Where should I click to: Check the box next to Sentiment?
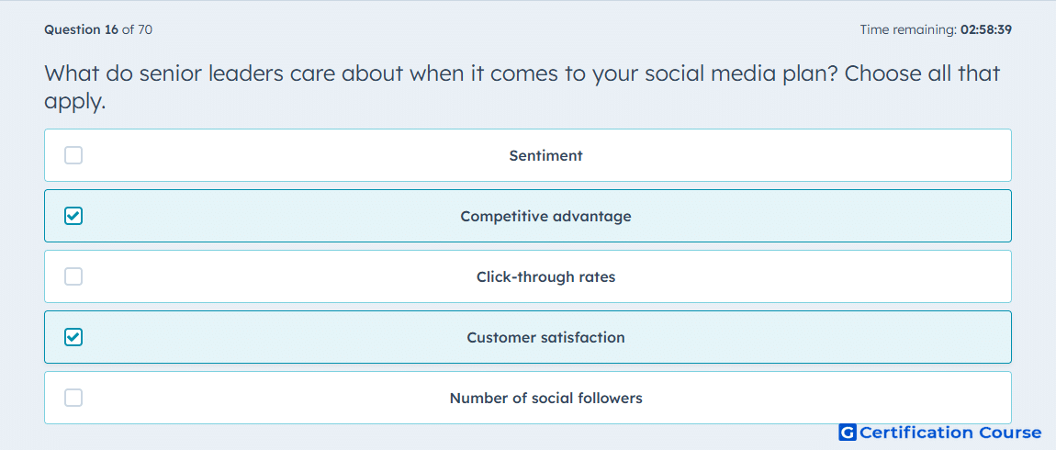click(x=73, y=155)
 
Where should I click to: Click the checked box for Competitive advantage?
click(x=73, y=216)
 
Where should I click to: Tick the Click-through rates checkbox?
click(x=73, y=276)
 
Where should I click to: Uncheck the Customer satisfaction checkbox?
click(x=73, y=338)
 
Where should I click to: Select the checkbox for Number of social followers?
click(x=73, y=399)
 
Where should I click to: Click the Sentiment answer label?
click(x=545, y=155)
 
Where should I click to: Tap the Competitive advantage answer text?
click(x=545, y=216)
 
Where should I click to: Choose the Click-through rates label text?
click(x=545, y=276)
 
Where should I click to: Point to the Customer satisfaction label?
click(x=545, y=338)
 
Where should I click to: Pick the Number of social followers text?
click(x=545, y=399)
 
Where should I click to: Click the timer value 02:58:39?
click(x=986, y=29)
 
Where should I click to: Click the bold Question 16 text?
click(x=82, y=29)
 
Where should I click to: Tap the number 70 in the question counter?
click(x=145, y=29)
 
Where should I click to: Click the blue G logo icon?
click(x=848, y=433)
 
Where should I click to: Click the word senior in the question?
click(x=173, y=73)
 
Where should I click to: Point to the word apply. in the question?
click(x=74, y=102)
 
